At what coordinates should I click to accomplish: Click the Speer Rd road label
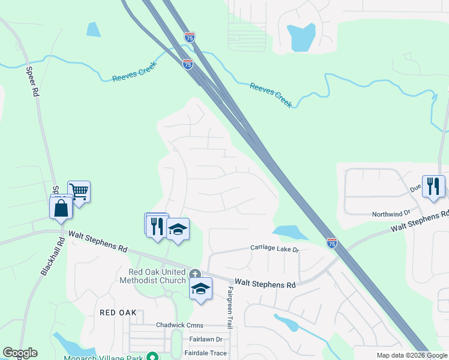pos(32,80)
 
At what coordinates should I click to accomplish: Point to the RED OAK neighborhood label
pos(118,313)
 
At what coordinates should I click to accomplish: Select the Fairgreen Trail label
pos(229,307)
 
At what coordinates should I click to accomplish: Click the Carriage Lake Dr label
pos(274,248)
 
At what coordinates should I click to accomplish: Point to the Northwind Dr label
pos(391,213)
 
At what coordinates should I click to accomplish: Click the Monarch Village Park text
pos(104,356)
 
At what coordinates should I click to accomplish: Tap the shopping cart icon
pos(79,192)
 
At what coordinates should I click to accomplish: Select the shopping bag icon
pos(62,209)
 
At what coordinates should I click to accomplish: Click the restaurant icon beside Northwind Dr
pos(433,186)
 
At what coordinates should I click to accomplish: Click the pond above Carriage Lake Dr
pos(286,232)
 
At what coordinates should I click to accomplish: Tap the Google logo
pos(20,353)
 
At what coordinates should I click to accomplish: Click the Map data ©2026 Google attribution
pos(412,355)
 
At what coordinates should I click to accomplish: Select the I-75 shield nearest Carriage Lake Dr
pos(332,242)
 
